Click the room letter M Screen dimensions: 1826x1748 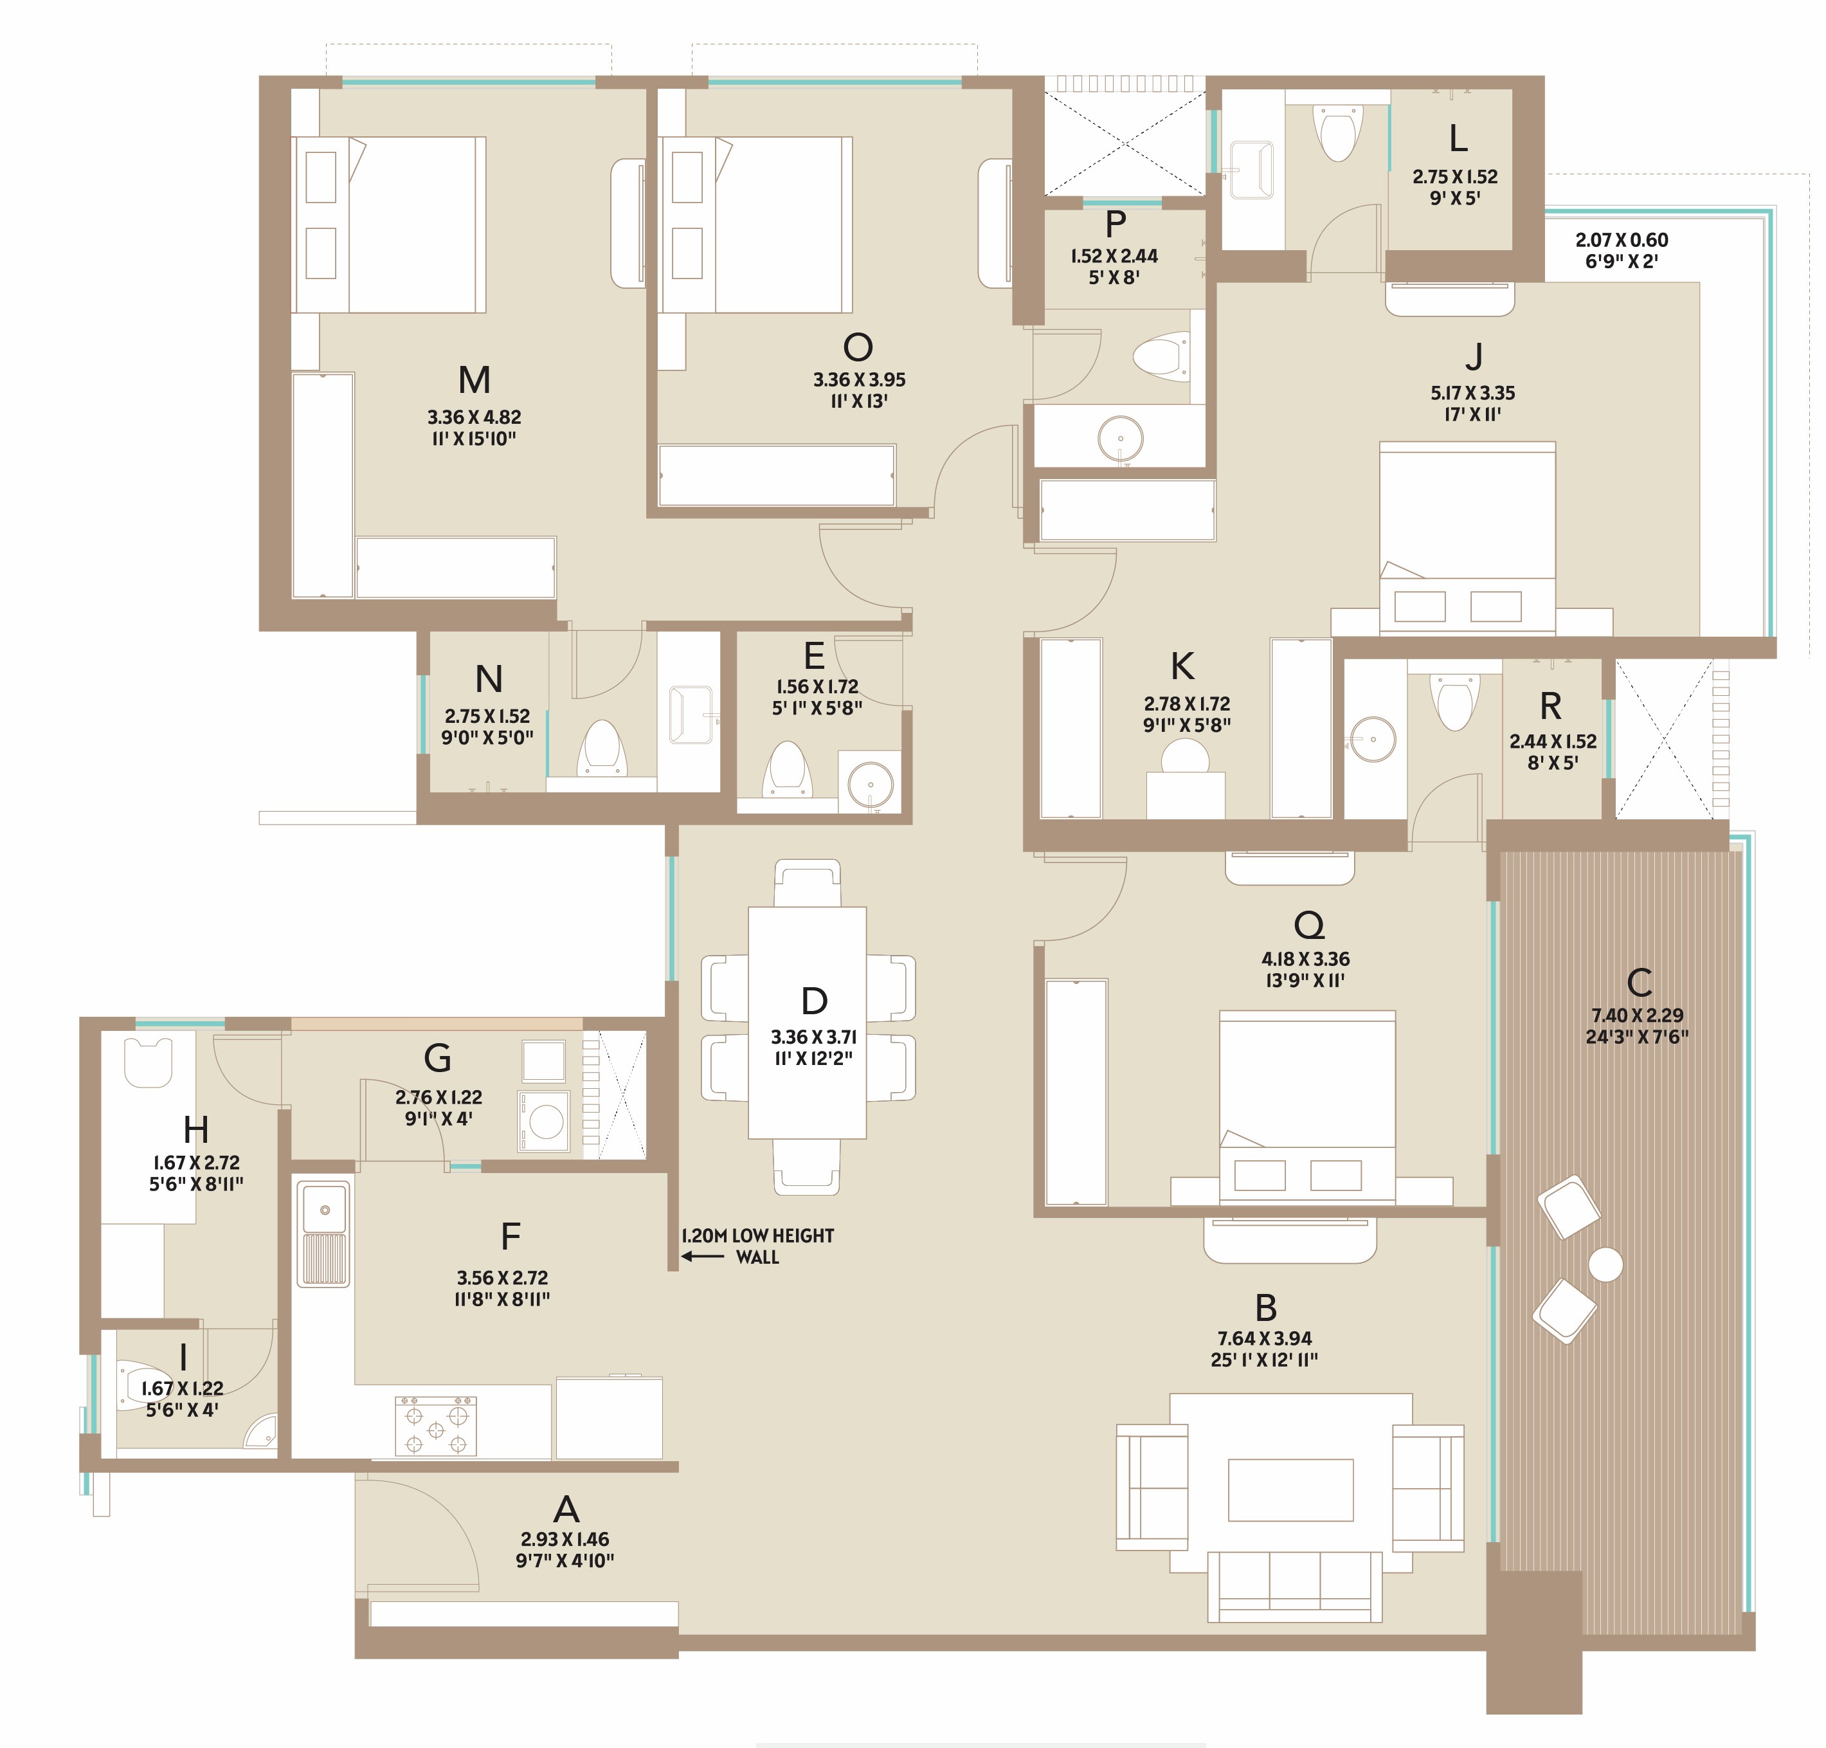[475, 380]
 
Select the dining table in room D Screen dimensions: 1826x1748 [807, 1023]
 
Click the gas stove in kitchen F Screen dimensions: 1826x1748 [436, 1426]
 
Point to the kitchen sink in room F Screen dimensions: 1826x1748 [323, 1235]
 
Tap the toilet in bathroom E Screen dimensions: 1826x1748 [787, 770]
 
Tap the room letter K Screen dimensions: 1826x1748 [1182, 667]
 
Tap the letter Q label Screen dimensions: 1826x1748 [1309, 925]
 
